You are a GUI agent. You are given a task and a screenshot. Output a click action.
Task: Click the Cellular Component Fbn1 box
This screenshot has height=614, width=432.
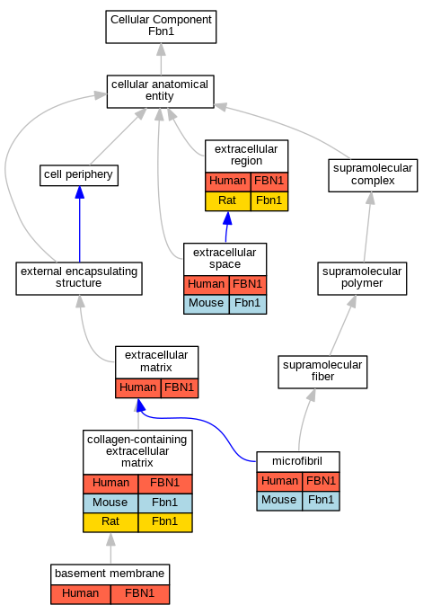pos(161,27)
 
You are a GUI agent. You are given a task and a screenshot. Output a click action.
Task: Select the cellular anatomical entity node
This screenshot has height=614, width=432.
pos(161,91)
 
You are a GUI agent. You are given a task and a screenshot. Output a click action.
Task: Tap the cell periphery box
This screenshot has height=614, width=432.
pos(79,175)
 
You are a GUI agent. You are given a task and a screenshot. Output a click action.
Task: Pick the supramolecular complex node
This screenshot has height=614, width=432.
pos(373,175)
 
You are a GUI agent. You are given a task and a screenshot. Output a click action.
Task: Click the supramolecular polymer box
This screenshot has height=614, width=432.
pos(362,279)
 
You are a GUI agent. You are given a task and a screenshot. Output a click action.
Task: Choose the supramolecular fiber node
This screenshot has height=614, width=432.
pos(322,372)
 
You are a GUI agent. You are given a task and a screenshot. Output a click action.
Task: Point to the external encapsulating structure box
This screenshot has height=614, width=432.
pos(79,279)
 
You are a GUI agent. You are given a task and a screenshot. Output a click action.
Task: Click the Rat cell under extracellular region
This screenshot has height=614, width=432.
pos(228,201)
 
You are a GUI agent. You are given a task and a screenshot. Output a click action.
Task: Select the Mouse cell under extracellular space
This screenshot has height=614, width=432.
pos(207,304)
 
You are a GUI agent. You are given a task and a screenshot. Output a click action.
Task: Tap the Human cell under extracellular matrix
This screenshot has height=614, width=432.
pos(137,388)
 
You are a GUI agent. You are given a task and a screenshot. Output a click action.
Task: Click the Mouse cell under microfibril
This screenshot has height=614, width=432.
pos(279,501)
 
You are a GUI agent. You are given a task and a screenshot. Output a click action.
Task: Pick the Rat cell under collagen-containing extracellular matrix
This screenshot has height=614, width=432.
pos(110,522)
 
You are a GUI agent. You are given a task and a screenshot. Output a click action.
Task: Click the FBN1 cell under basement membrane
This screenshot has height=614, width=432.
pos(140,594)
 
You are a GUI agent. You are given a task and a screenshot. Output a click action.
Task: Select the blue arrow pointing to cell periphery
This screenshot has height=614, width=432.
pos(79,224)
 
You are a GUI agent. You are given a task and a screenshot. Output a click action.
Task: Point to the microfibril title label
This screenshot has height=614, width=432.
pos(297,461)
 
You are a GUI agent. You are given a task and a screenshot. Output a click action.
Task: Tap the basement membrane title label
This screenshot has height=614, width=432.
pos(110,574)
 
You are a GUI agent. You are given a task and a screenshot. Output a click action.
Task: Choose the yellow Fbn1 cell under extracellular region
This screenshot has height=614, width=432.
pos(269,201)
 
